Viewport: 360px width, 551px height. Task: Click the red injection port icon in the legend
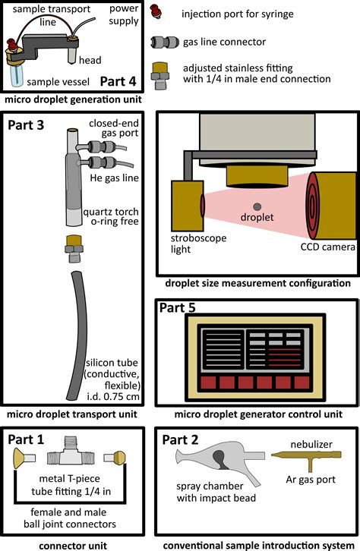pyautogui.click(x=159, y=12)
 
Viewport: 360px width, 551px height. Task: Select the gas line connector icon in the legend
pyautogui.click(x=160, y=43)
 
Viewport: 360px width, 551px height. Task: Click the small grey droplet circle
pyautogui.click(x=259, y=206)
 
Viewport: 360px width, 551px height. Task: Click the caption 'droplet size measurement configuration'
pyautogui.click(x=257, y=283)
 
